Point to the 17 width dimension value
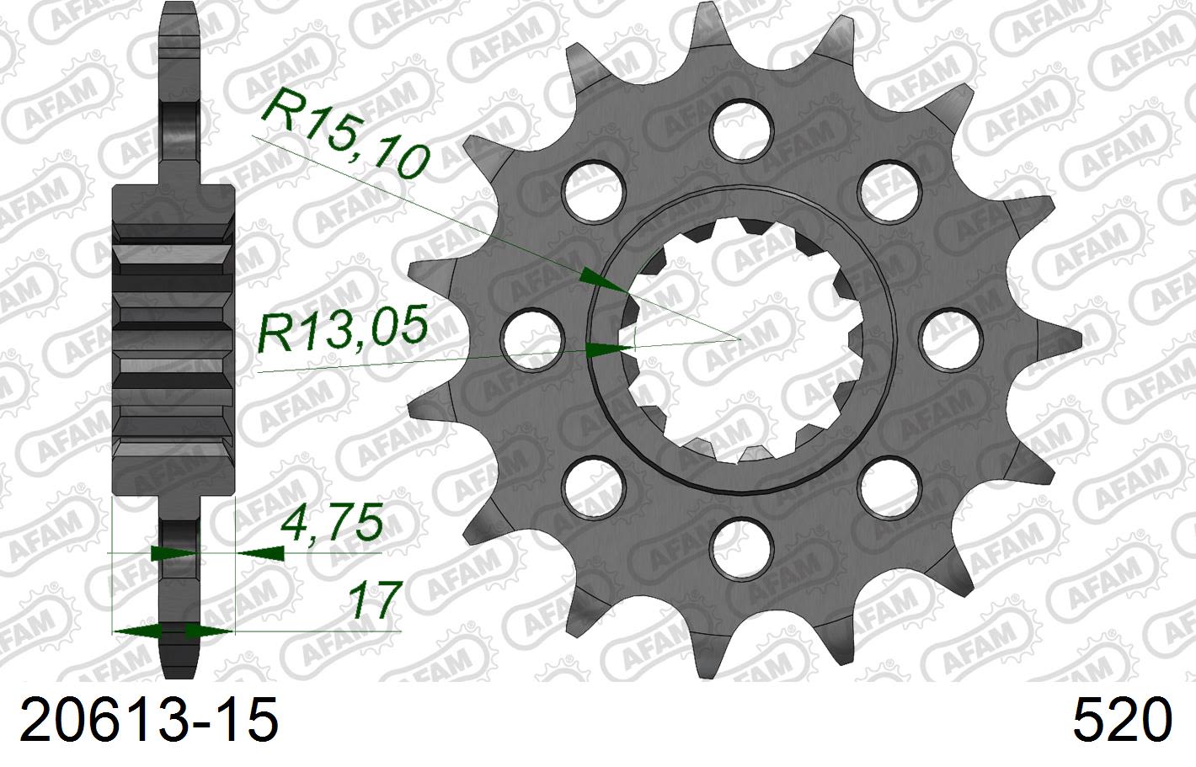click(371, 599)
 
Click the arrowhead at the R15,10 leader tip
click(605, 282)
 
